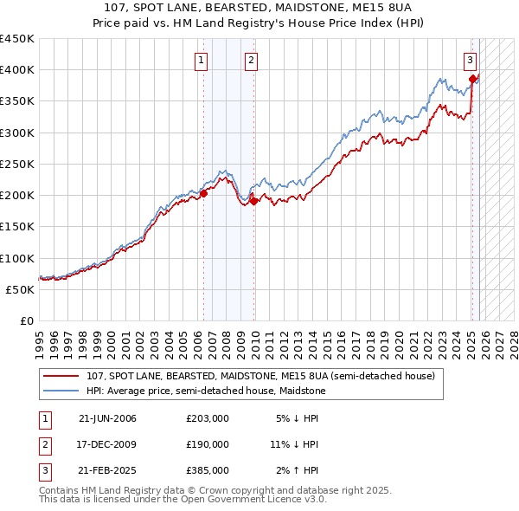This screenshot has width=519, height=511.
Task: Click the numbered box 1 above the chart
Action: pos(201,60)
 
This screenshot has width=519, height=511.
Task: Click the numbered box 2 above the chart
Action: pos(250,60)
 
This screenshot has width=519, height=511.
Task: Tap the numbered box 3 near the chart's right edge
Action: pos(469,60)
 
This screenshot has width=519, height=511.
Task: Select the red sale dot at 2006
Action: pos(204,193)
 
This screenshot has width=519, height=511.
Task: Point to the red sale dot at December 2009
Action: pos(254,201)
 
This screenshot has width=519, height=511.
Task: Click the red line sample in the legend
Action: pos(61,377)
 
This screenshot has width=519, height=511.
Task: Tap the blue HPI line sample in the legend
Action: pos(61,391)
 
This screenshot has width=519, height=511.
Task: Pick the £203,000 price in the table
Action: pos(208,418)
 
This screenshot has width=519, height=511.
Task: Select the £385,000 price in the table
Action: pos(208,470)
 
